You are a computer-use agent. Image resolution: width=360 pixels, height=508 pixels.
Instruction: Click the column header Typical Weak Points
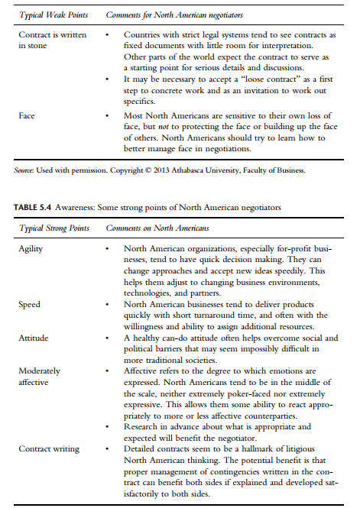[54, 15]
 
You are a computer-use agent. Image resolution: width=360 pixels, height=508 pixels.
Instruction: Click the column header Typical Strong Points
[54, 228]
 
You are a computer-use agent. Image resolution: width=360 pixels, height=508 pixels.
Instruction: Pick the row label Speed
[30, 305]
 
